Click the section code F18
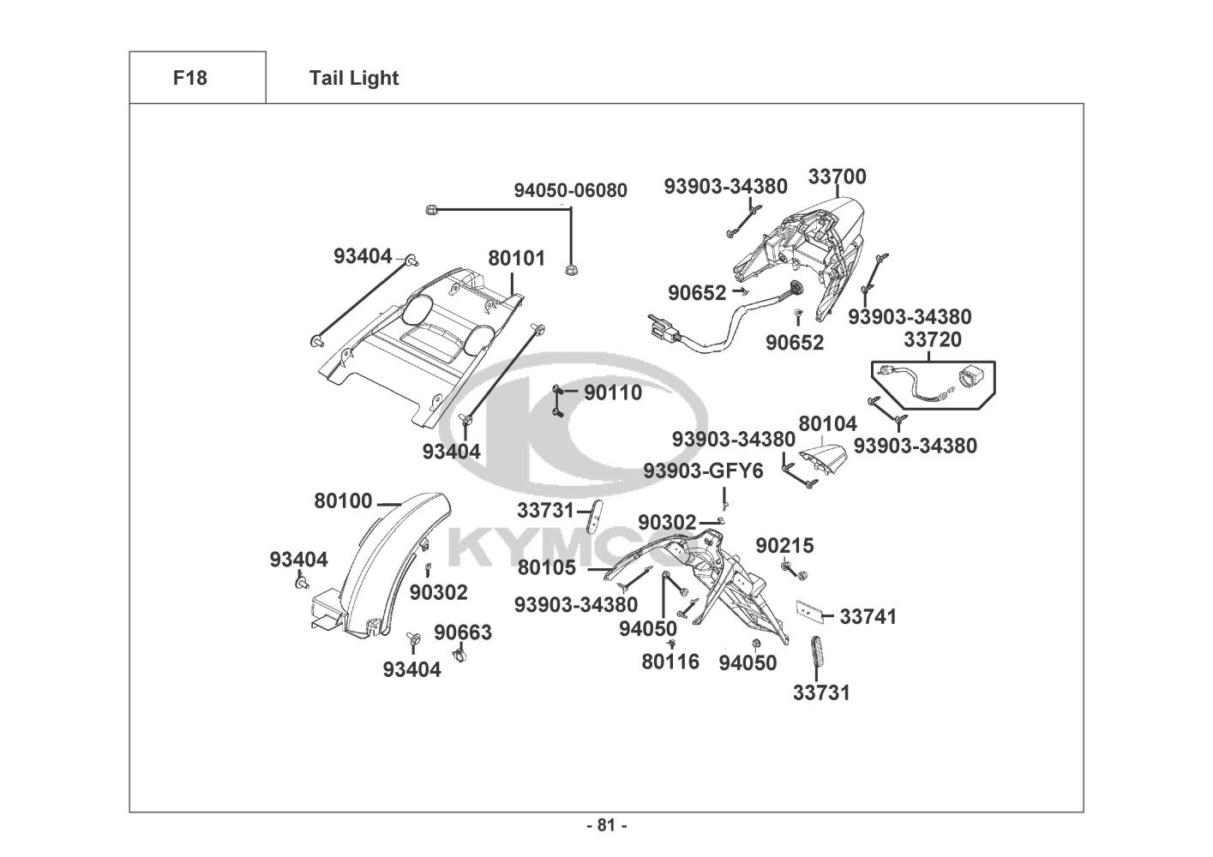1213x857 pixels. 189,78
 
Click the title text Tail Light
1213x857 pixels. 354,78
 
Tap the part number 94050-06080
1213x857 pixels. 570,190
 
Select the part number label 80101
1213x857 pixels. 516,258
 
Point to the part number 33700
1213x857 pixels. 837,177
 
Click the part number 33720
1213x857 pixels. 932,339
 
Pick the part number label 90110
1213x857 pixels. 612,393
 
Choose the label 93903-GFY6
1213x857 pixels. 703,471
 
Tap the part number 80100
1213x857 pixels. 343,501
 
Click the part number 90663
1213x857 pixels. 462,632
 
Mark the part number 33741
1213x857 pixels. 868,616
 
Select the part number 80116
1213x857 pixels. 670,662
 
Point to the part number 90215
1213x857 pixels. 784,546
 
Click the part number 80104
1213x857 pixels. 827,423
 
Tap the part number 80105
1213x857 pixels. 546,567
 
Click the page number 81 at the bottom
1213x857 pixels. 606,825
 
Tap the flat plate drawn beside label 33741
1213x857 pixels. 811,610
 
